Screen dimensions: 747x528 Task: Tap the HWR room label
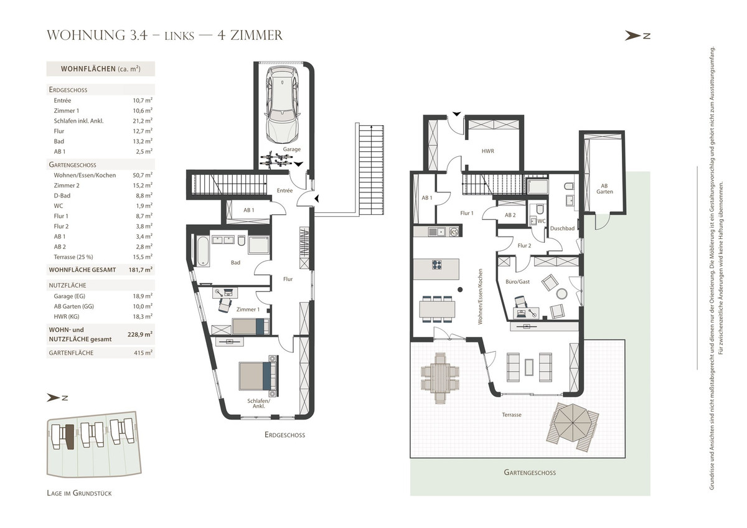(x=487, y=151)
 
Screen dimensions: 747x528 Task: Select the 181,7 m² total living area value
(x=141, y=270)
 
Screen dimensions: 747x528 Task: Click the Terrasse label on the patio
(x=512, y=415)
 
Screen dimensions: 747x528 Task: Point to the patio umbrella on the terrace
(x=573, y=423)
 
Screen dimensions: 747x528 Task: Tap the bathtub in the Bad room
(x=203, y=251)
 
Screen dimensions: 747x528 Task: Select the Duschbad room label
(x=562, y=229)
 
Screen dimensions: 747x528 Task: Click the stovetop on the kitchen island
(x=437, y=265)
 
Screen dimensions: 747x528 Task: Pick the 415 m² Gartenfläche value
(x=143, y=352)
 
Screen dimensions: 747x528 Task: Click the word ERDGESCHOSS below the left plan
(x=285, y=435)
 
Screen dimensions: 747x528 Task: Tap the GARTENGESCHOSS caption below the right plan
(x=530, y=473)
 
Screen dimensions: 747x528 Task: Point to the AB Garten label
(x=604, y=189)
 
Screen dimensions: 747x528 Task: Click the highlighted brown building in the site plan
(x=69, y=437)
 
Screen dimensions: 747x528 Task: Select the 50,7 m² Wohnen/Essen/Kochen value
(x=143, y=175)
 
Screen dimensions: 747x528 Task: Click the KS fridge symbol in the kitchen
(x=454, y=232)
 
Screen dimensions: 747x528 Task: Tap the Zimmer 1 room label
(x=248, y=309)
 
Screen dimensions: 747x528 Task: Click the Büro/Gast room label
(x=517, y=282)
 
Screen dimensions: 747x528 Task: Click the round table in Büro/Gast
(x=562, y=293)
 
